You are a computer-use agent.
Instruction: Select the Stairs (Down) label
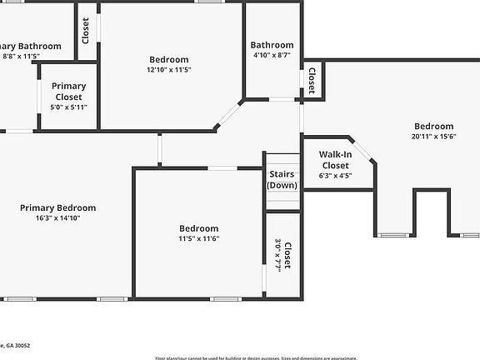tap(282, 179)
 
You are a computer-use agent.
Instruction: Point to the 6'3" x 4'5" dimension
tap(336, 176)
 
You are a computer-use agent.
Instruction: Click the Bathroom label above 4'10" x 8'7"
tap(272, 45)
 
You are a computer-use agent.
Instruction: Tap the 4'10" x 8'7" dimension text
tap(272, 55)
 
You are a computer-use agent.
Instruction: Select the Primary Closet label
tap(68, 92)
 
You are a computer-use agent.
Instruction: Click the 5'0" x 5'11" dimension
tap(68, 107)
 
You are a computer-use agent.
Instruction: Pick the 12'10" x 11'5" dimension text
tap(169, 70)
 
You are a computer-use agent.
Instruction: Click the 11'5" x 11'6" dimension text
tap(199, 238)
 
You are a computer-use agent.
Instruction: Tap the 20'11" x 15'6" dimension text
tap(434, 136)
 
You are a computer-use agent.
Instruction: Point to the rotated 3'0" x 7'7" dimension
tap(278, 255)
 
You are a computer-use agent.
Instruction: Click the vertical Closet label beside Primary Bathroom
tap(86, 31)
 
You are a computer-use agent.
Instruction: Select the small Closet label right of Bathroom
tap(312, 82)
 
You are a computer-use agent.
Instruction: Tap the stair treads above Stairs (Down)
tap(282, 160)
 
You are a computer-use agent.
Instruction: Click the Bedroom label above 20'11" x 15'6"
tap(434, 126)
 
